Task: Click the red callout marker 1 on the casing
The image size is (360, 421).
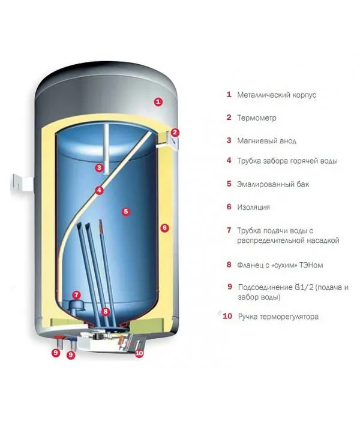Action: coord(158,102)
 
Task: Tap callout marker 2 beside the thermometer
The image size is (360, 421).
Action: coord(175,132)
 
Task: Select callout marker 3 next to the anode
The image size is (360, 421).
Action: coord(99,168)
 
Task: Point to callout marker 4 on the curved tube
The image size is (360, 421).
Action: coord(99,191)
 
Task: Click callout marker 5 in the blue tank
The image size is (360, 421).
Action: coord(126,212)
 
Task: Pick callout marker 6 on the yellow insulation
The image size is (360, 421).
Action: coord(164,228)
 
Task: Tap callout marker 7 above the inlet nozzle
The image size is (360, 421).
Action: coord(76,295)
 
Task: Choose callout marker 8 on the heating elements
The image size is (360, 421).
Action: coord(106,311)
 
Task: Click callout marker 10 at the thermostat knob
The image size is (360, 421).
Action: coord(139,353)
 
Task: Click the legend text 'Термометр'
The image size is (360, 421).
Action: coord(257,118)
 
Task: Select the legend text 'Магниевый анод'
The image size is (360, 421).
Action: coord(266,141)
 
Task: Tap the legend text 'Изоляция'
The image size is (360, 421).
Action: coord(253,207)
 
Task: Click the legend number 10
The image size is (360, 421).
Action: coord(227,316)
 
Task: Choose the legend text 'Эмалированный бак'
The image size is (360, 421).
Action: coord(273,184)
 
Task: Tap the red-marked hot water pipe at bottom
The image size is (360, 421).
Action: coord(59,342)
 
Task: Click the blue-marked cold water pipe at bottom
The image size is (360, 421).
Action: coord(73,344)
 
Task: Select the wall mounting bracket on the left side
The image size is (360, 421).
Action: coord(23,184)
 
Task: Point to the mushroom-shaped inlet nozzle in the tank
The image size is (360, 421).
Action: coord(76,306)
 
